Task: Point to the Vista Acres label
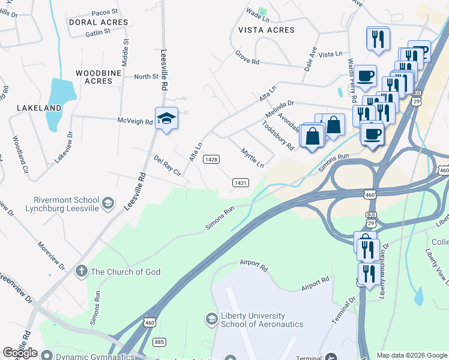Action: [x=267, y=30]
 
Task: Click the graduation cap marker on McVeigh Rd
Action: [x=166, y=119]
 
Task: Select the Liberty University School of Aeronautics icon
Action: [x=211, y=319]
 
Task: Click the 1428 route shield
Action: [x=211, y=159]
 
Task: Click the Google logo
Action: [x=20, y=353]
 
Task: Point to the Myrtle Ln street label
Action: [x=252, y=157]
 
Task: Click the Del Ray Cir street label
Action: [x=167, y=164]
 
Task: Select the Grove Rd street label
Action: [x=247, y=58]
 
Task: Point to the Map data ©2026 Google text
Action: [x=412, y=355]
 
